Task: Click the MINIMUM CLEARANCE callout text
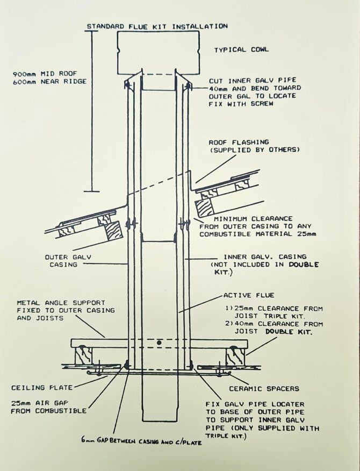tap(254, 219)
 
